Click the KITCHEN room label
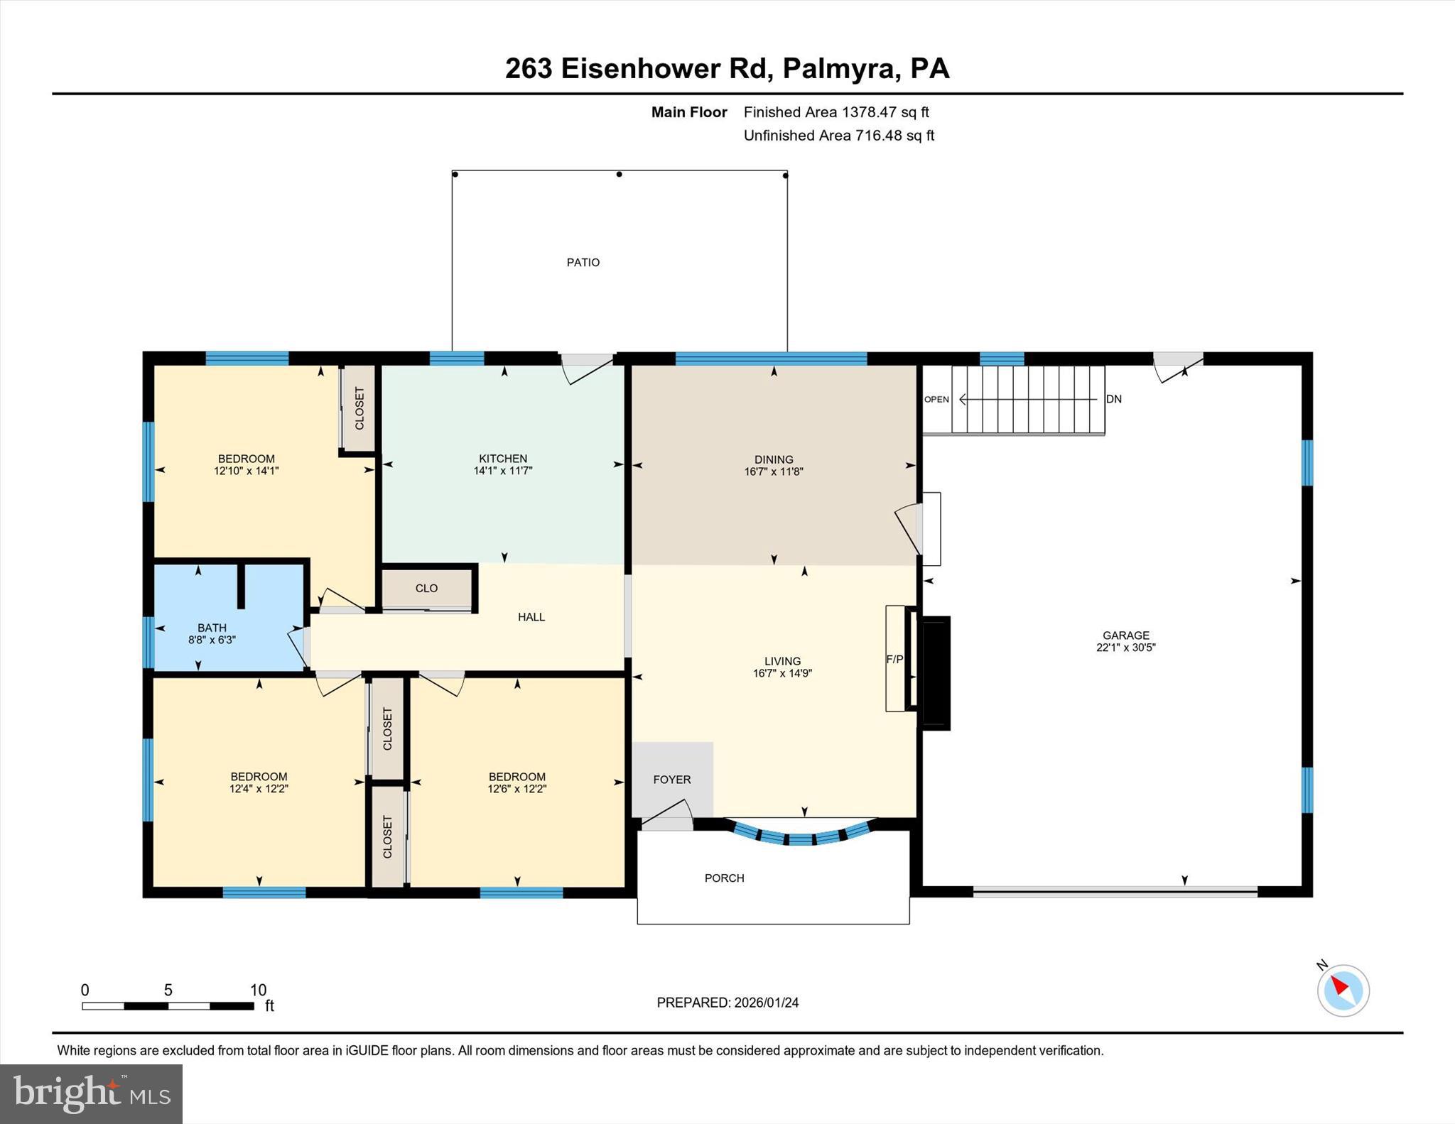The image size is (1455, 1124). [503, 459]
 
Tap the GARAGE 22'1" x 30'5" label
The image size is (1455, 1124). [1125, 641]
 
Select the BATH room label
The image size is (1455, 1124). [212, 628]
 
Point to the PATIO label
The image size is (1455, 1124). [583, 263]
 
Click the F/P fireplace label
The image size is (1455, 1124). [894, 660]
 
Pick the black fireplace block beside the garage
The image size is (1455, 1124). [935, 672]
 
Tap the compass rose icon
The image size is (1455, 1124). [1343, 991]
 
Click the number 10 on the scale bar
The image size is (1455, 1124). [258, 990]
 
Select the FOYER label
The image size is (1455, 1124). [671, 780]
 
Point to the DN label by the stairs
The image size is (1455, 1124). [1113, 399]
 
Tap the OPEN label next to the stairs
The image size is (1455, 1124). [936, 399]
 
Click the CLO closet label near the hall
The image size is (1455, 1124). [426, 588]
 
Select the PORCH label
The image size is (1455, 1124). [724, 878]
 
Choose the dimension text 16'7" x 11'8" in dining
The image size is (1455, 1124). [773, 471]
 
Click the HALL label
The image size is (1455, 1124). [531, 617]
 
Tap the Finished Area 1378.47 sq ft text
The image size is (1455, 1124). [835, 112]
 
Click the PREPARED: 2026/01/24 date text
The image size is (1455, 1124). [727, 1003]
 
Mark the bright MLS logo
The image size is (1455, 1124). [91, 1093]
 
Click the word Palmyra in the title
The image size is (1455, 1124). [839, 69]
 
